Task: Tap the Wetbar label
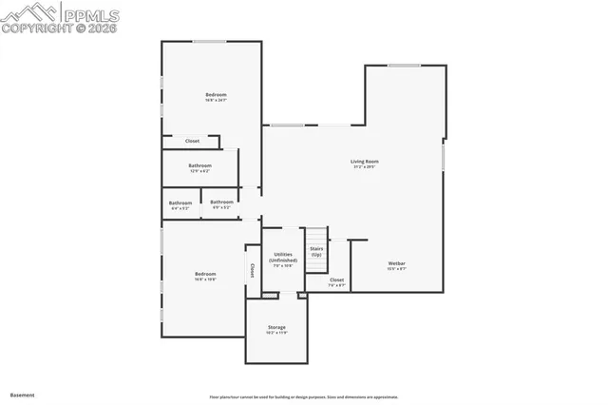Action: tap(396, 263)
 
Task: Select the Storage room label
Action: tap(276, 328)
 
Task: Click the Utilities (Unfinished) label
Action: tap(284, 257)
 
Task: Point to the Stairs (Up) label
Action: tap(316, 251)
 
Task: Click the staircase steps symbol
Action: tap(315, 236)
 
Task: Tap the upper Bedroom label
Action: tap(217, 94)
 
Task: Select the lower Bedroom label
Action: tap(206, 275)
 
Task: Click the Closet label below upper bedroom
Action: tap(192, 141)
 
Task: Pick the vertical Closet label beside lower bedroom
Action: tap(252, 270)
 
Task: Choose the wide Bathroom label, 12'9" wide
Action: tap(199, 165)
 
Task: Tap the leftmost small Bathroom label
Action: tap(180, 202)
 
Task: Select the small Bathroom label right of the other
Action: tap(222, 202)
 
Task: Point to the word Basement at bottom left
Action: tap(22, 394)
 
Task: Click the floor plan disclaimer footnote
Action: tap(303, 396)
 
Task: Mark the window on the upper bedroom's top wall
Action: tap(210, 41)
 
